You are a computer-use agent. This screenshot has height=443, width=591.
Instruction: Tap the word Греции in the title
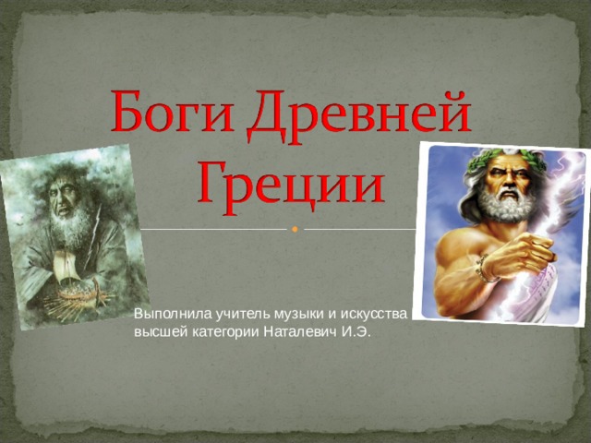[290, 183]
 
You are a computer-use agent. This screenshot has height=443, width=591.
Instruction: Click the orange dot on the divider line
[295, 229]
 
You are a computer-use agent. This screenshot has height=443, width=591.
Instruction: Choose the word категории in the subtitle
[221, 332]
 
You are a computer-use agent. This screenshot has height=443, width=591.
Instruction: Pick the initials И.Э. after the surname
[356, 332]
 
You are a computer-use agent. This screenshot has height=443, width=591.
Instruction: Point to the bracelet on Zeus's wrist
[484, 269]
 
